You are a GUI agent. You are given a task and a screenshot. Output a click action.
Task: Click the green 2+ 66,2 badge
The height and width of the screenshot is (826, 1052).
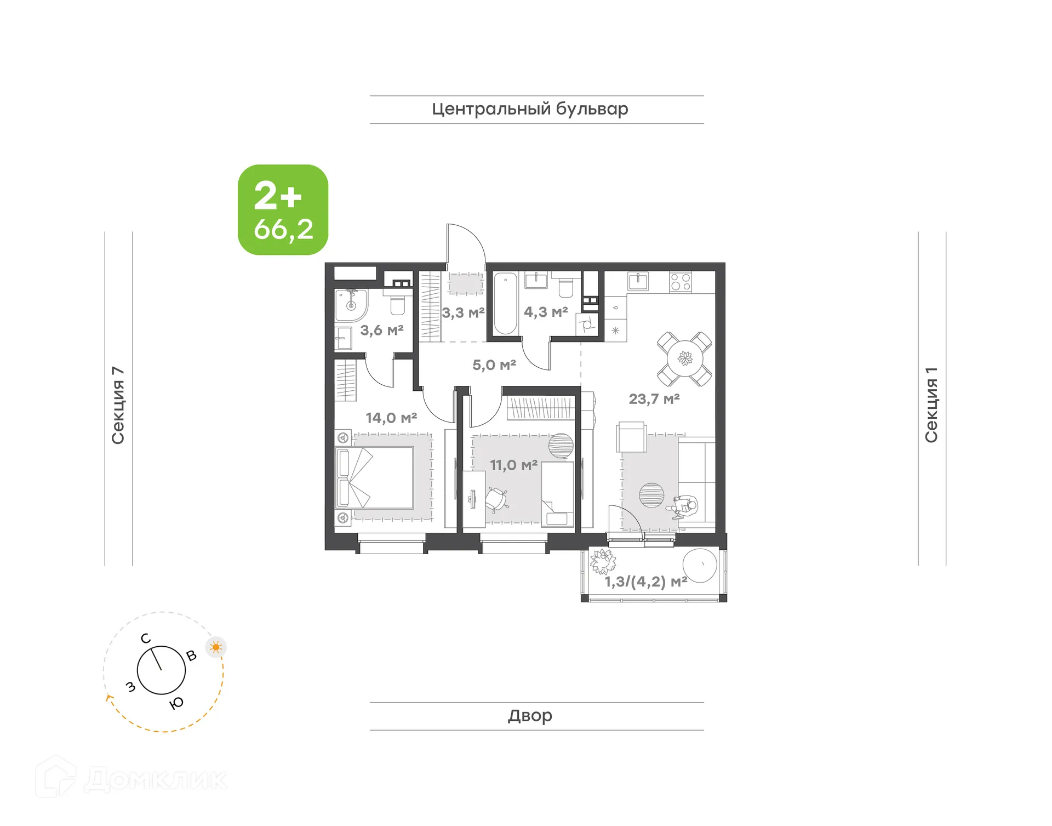tap(283, 210)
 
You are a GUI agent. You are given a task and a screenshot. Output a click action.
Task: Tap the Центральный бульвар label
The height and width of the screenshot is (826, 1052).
tap(530, 109)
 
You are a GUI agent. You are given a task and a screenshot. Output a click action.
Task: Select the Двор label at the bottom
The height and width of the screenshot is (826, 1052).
tap(530, 715)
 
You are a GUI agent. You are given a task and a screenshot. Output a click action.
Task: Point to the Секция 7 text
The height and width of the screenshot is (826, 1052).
tap(118, 405)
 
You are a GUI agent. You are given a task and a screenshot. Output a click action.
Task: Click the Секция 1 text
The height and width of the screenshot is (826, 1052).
tap(931, 405)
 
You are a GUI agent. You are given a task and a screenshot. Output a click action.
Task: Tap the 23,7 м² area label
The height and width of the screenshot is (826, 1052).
tap(654, 399)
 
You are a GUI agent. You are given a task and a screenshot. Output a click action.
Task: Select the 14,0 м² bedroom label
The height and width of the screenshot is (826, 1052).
tap(391, 418)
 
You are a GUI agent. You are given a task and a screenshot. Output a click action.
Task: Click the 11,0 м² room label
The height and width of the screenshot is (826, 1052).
tap(513, 465)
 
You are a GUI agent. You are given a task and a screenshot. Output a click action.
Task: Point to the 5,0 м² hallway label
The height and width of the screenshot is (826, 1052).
tap(494, 365)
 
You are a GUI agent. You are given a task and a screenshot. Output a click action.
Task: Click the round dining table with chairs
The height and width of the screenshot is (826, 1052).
tap(685, 359)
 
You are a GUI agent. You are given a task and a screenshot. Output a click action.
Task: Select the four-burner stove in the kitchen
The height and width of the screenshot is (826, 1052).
tap(681, 282)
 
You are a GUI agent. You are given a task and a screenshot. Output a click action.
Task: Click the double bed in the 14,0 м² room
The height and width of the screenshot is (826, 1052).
tap(374, 477)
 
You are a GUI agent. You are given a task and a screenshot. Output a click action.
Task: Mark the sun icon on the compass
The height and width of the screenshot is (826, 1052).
tap(216, 647)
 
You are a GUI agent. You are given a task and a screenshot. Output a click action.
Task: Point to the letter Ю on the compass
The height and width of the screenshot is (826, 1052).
tap(176, 703)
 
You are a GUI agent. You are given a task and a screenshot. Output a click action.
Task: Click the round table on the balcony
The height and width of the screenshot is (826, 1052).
tap(700, 565)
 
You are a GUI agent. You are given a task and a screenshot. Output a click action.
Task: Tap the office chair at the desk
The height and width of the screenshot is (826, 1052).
tap(496, 499)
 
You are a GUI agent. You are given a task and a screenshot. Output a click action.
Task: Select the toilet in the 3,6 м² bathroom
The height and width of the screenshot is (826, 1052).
tap(397, 304)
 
